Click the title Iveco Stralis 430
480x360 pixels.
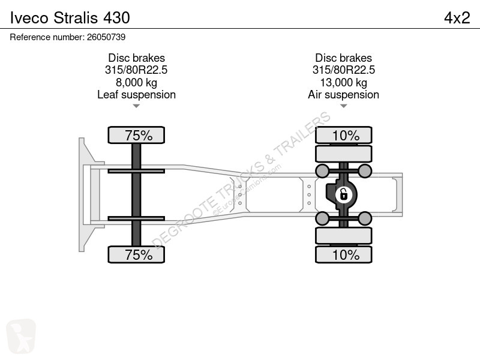70,17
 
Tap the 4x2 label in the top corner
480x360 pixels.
457,17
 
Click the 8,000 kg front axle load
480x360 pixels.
136,82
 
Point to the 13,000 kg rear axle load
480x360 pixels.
343,82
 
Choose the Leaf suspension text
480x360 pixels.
136,95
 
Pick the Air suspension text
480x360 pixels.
343,95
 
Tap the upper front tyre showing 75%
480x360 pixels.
136,135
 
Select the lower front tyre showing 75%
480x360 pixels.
136,254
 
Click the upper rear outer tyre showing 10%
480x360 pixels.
343,135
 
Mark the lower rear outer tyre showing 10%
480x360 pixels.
343,254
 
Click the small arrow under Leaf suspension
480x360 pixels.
136,106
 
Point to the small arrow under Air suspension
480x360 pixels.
343,106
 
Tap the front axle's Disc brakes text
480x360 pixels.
136,58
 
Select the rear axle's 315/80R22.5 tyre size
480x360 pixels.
343,70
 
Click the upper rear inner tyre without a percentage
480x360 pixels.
343,154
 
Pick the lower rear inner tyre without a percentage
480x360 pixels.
343,235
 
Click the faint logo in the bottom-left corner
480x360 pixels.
21,336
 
